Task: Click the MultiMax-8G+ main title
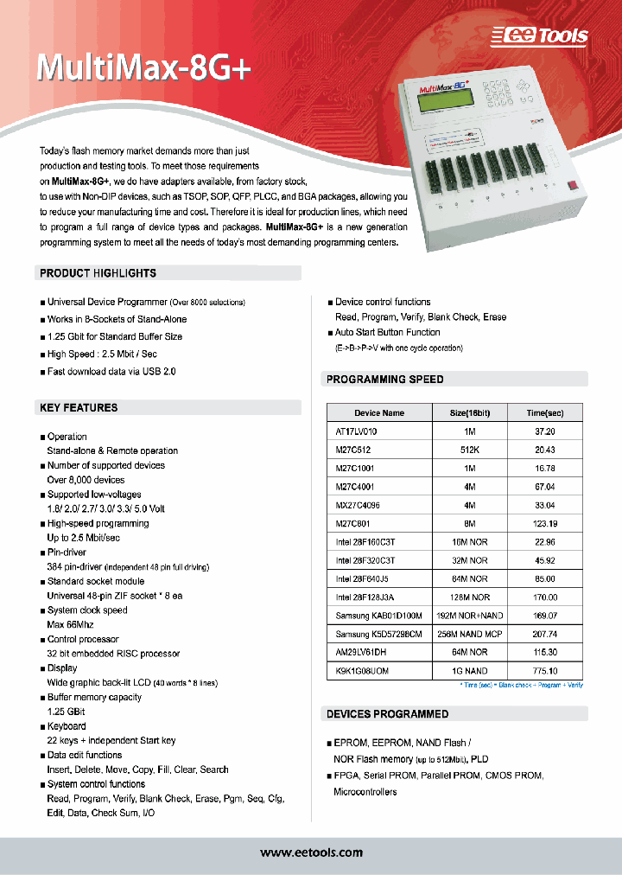(x=143, y=68)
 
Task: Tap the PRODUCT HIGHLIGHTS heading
(x=98, y=273)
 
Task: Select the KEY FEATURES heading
(x=79, y=407)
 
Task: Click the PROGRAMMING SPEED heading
(x=385, y=379)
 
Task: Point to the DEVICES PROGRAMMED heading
(x=388, y=714)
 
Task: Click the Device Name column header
(x=379, y=413)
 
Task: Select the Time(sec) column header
(x=544, y=413)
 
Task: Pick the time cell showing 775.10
(x=544, y=671)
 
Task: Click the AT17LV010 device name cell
(x=356, y=431)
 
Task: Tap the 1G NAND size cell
(x=469, y=671)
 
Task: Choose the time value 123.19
(x=544, y=523)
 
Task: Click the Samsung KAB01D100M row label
(x=378, y=616)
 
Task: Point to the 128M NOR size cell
(x=469, y=597)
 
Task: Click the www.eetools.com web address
(x=312, y=853)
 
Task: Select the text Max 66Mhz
(x=71, y=625)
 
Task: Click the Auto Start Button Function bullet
(x=387, y=332)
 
